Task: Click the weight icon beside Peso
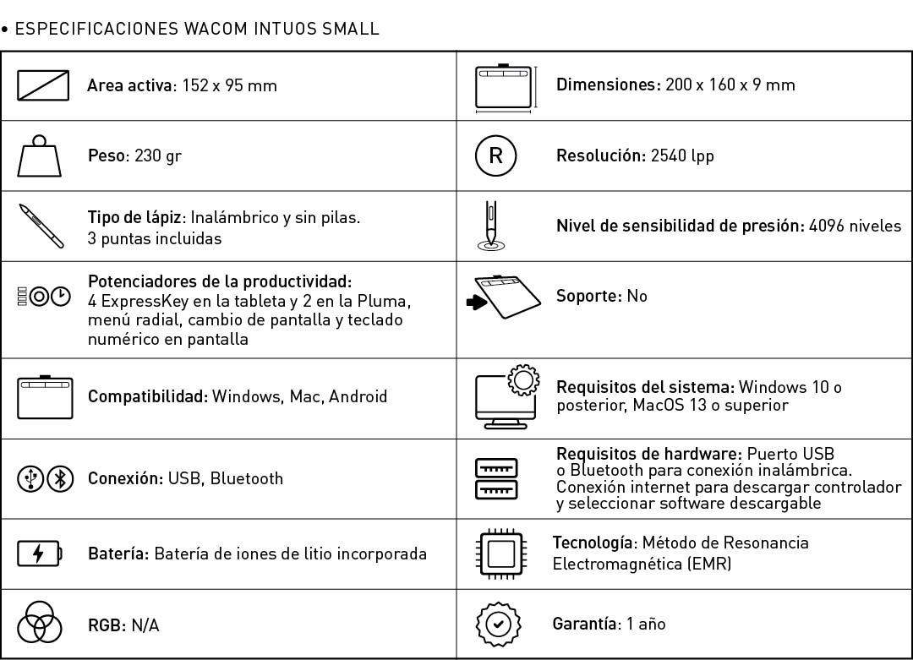tap(40, 156)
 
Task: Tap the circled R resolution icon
tap(495, 155)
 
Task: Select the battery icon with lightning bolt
tap(40, 554)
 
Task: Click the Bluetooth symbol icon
tap(59, 478)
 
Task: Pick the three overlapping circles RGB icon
tap(39, 625)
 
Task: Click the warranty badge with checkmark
tap(499, 625)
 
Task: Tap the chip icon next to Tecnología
tap(499, 554)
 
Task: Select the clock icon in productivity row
tap(61, 297)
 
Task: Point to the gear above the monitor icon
tap(523, 381)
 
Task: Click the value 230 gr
tap(158, 156)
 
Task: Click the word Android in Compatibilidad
tap(358, 396)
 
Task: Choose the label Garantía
tap(585, 624)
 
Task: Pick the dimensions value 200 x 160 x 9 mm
tap(730, 85)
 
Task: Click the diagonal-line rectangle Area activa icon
tap(43, 85)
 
